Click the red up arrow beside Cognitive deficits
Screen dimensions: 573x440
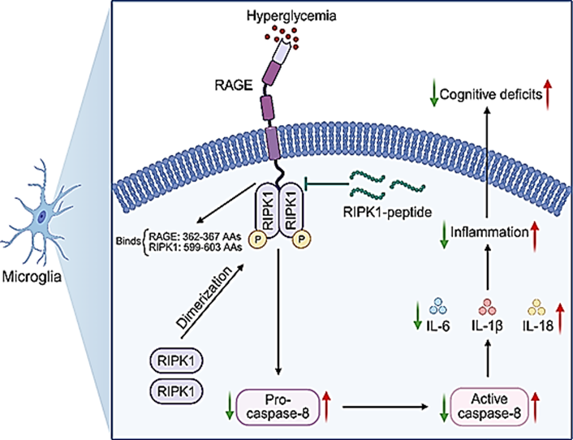pos(547,96)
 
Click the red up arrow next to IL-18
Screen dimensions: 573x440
pos(559,320)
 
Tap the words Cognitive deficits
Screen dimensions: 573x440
pos(491,95)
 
